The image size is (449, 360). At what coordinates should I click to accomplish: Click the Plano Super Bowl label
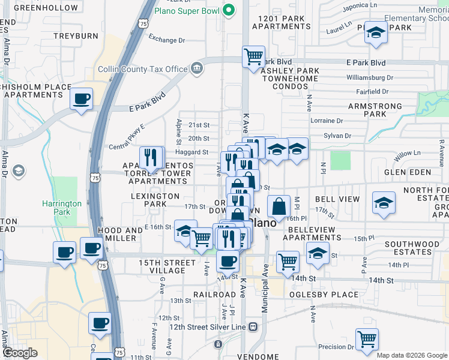coord(187,11)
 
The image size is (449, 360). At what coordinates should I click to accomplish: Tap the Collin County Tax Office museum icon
coord(196,69)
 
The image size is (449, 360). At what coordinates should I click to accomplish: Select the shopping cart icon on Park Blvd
coord(254,57)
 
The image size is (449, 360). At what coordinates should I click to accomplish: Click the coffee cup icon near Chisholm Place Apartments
coord(81,99)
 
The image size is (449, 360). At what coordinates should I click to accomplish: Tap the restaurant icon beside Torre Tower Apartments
coord(151,158)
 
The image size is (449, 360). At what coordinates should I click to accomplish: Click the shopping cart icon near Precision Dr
coord(366,339)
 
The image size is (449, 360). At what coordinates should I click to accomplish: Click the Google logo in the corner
coord(19,353)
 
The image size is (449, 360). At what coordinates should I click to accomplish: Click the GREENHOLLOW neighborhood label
coord(46,8)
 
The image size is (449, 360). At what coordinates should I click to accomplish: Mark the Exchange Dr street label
coord(167,40)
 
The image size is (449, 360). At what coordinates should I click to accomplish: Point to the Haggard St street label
coord(191,152)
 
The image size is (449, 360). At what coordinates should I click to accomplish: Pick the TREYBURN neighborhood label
coord(76,36)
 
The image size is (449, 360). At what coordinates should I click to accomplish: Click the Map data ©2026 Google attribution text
coord(411,355)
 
